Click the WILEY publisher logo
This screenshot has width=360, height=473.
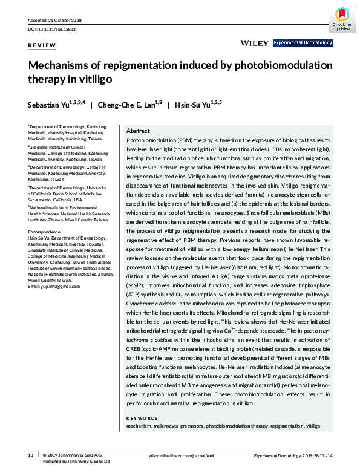(x=254, y=43)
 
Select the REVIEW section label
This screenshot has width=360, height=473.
(x=42, y=45)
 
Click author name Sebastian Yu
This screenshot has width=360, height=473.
(x=52, y=105)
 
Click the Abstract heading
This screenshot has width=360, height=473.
(x=138, y=131)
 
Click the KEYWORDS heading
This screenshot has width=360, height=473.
(x=142, y=418)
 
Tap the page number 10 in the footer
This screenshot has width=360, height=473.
(x=30, y=454)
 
